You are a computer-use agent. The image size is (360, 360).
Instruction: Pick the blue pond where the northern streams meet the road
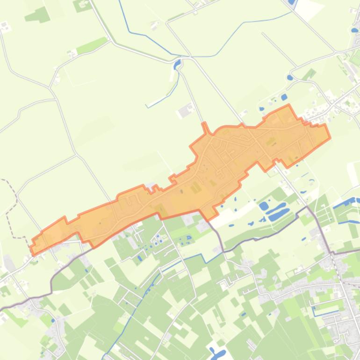(177, 64)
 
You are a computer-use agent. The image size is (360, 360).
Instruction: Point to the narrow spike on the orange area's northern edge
(204, 127)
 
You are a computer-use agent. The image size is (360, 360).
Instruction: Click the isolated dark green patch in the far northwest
(37, 15)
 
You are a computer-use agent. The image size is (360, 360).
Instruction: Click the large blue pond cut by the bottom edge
(218, 354)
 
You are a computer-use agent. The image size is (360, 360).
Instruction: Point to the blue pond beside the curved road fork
(290, 78)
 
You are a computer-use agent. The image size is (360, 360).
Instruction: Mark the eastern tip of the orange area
(330, 125)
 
